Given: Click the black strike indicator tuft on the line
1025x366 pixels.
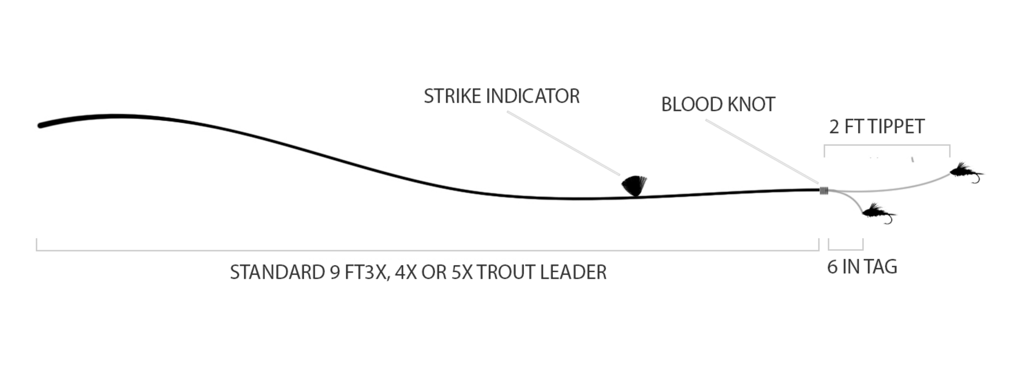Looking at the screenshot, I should (x=634, y=186).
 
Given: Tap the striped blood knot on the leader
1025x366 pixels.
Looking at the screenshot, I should (x=824, y=190).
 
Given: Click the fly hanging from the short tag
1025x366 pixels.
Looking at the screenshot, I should (x=878, y=213).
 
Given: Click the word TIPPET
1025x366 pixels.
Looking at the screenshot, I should (x=896, y=127).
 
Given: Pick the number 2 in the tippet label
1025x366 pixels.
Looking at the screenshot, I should (x=834, y=127).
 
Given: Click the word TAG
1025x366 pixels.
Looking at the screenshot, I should (x=882, y=267).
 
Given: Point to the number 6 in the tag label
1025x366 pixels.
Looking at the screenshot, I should (x=833, y=267).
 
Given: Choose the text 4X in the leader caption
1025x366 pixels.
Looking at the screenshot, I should (x=406, y=273).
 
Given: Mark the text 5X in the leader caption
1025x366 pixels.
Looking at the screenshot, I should (x=462, y=273).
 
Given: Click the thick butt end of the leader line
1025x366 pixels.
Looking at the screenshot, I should (x=43, y=124).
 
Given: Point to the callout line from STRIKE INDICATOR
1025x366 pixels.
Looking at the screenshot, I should (x=564, y=143).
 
